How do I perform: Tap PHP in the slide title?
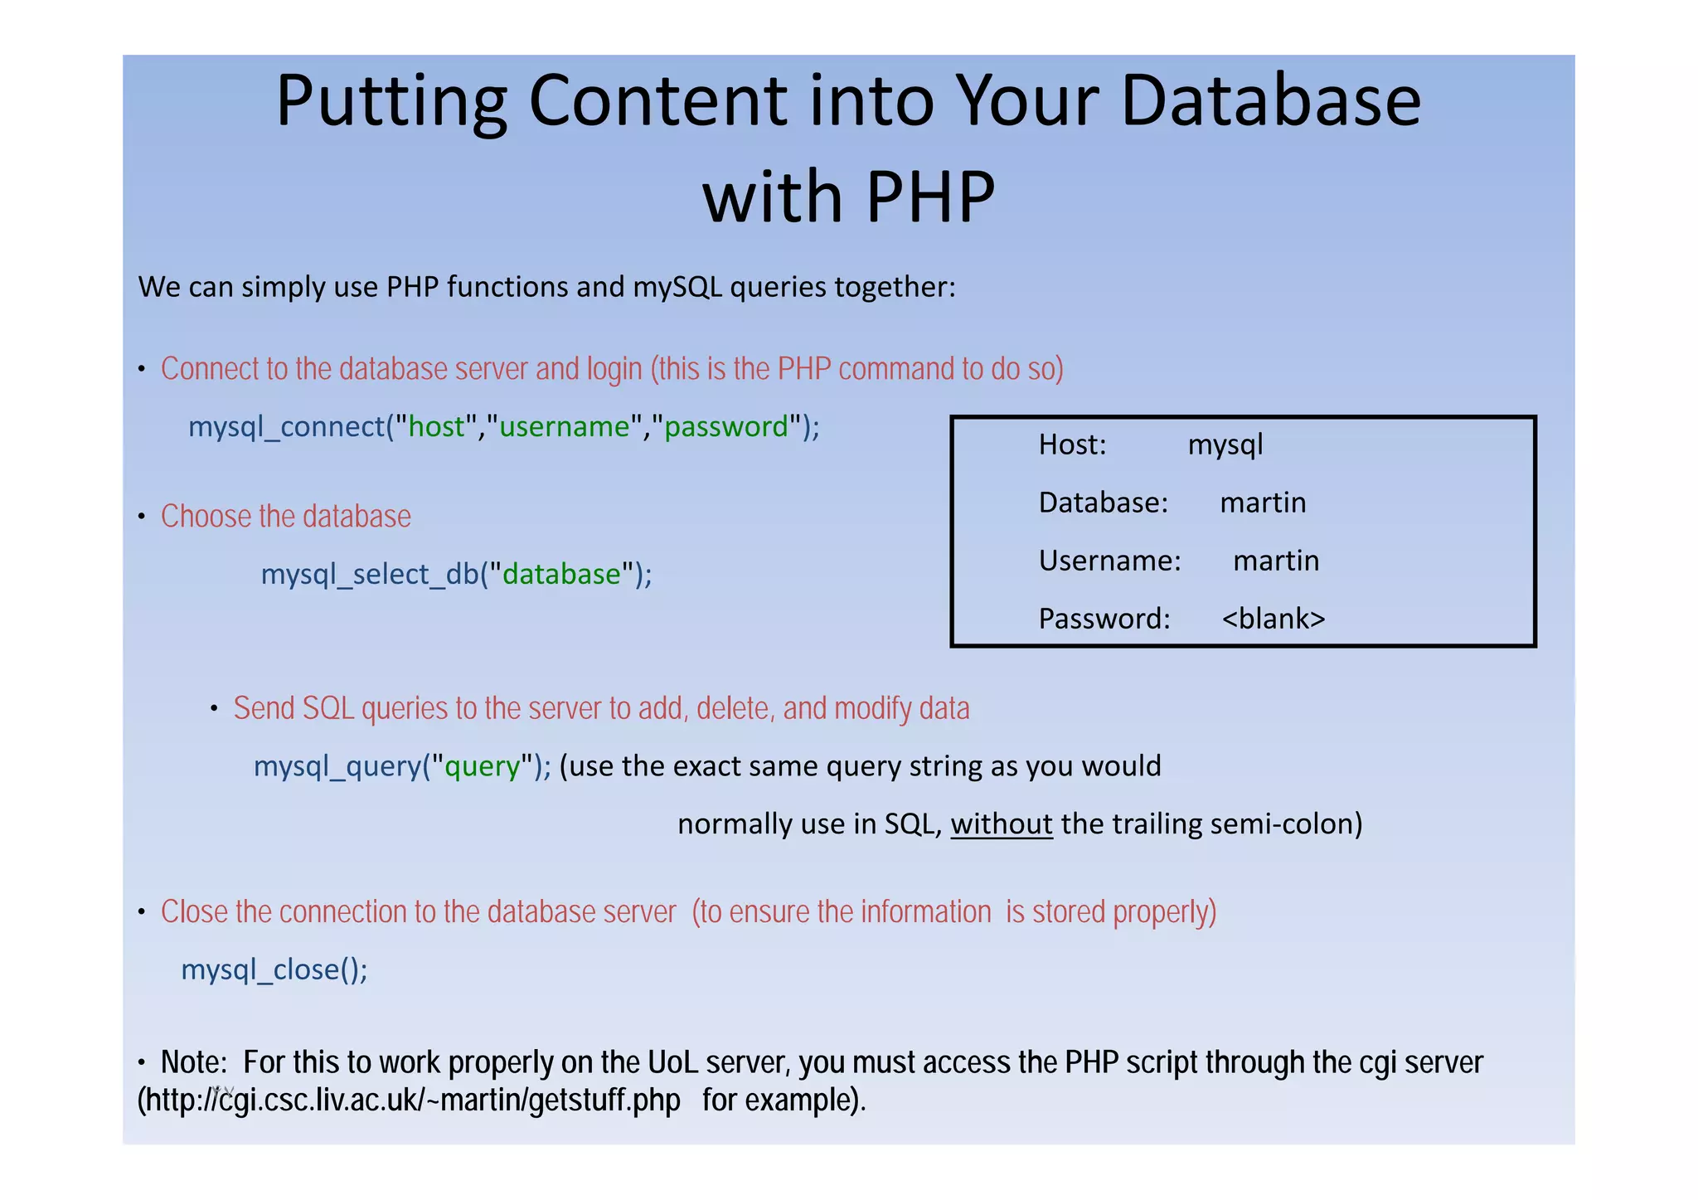pyautogui.click(x=930, y=197)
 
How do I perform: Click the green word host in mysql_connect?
pyautogui.click(x=436, y=426)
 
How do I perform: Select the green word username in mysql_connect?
pyautogui.click(x=564, y=426)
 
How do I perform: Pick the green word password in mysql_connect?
pyautogui.click(x=726, y=426)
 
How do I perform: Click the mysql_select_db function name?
pyautogui.click(x=370, y=574)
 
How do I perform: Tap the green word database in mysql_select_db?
pyautogui.click(x=561, y=574)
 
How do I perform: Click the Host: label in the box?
pyautogui.click(x=1072, y=445)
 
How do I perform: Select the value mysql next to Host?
pyautogui.click(x=1225, y=445)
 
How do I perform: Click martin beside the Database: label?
pyautogui.click(x=1263, y=503)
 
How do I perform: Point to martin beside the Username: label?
pyautogui.click(x=1276, y=561)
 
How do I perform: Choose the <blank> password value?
pyautogui.click(x=1273, y=619)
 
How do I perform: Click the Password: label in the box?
pyautogui.click(x=1104, y=619)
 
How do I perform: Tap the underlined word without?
pyautogui.click(x=1001, y=823)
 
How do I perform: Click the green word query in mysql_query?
pyautogui.click(x=482, y=766)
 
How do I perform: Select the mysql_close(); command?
pyautogui.click(x=274, y=969)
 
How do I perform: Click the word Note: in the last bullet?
pyautogui.click(x=194, y=1062)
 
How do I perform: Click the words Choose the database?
pyautogui.click(x=285, y=517)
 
